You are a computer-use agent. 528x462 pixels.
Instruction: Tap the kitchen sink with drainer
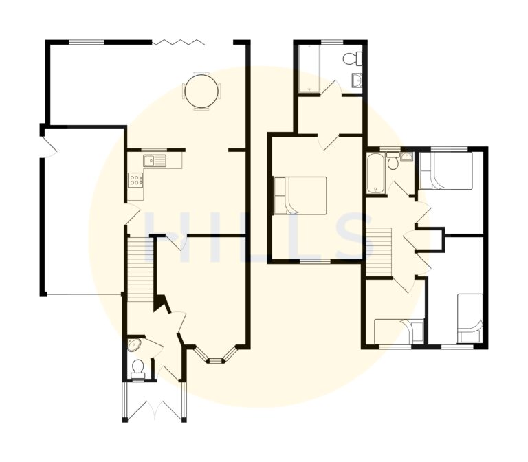tap(155, 162)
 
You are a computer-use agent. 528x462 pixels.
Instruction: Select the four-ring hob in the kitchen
tap(135, 180)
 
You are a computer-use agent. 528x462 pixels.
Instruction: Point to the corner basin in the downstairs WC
tap(135, 344)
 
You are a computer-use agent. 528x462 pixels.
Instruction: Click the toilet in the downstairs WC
tap(138, 368)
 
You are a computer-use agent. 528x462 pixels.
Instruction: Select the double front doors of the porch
tap(155, 410)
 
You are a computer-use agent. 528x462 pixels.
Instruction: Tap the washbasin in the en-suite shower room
tap(357, 82)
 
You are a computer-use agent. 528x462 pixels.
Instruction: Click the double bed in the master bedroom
tap(300, 196)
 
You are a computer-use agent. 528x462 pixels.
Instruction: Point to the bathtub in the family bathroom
tap(376, 173)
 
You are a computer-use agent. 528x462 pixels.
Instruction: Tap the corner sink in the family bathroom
tap(406, 157)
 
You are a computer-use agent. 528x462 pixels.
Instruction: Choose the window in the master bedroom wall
tap(315, 261)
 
